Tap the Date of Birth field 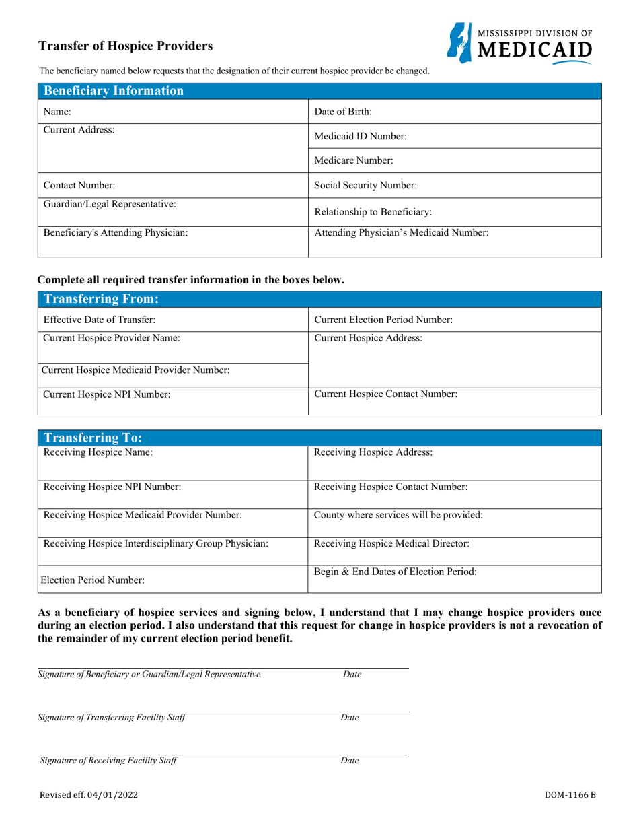click(454, 112)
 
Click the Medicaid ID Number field click(454, 136)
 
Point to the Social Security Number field click(454, 185)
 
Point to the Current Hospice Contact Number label click(386, 396)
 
